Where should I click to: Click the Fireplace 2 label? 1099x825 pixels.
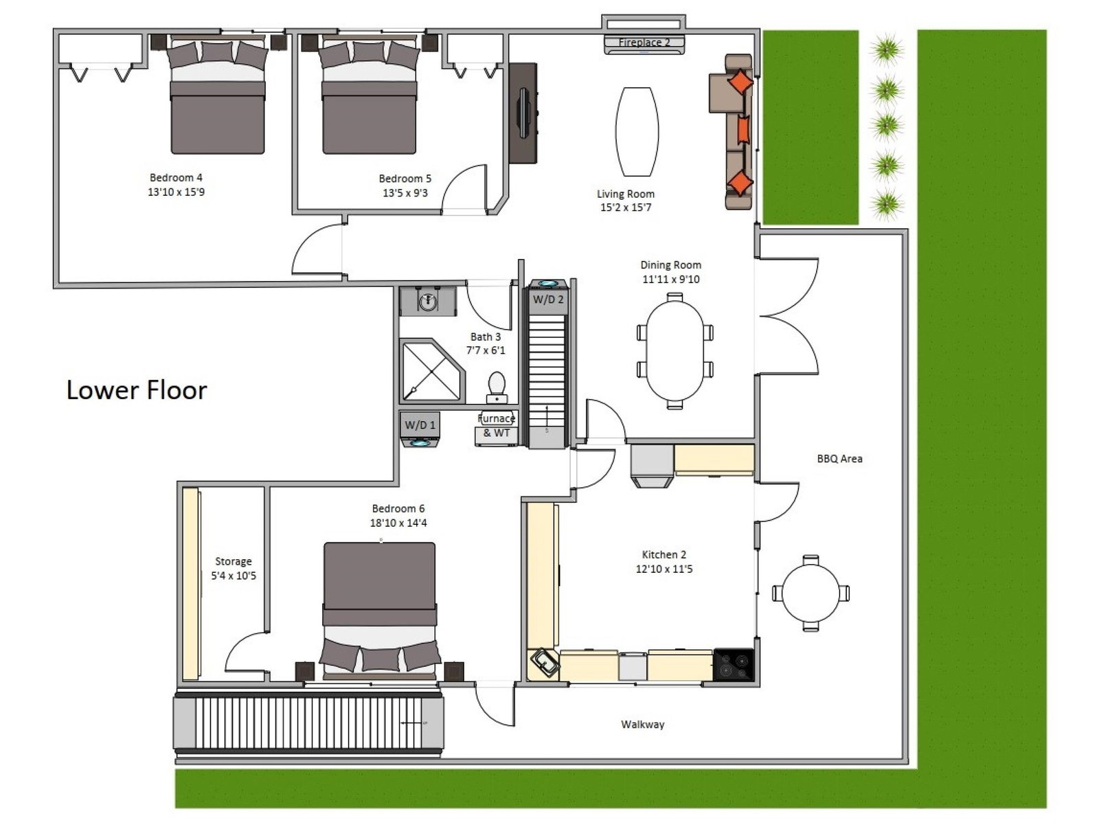pyautogui.click(x=644, y=43)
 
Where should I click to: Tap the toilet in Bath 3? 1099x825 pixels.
pyautogui.click(x=497, y=387)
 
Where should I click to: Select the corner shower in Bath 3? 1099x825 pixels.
pyautogui.click(x=432, y=370)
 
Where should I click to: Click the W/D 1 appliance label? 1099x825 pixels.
pyautogui.click(x=420, y=425)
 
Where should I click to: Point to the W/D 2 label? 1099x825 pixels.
pyautogui.click(x=548, y=300)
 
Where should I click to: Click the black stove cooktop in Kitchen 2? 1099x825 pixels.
pyautogui.click(x=734, y=664)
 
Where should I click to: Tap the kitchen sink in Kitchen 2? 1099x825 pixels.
pyautogui.click(x=544, y=664)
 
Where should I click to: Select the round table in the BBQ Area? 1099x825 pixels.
pyautogui.click(x=811, y=593)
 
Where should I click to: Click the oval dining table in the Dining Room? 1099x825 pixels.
pyautogui.click(x=675, y=351)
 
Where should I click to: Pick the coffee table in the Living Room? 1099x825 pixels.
pyautogui.click(x=637, y=132)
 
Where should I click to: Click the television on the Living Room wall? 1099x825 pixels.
pyautogui.click(x=523, y=113)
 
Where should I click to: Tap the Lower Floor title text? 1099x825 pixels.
pyautogui.click(x=137, y=390)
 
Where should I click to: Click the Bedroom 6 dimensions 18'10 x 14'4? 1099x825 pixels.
pyautogui.click(x=398, y=523)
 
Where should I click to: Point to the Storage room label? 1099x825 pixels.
pyautogui.click(x=234, y=562)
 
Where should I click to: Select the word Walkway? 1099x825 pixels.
pyautogui.click(x=643, y=725)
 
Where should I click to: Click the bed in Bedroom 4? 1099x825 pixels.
pyautogui.click(x=217, y=94)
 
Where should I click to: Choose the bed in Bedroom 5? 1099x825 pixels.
pyautogui.click(x=369, y=94)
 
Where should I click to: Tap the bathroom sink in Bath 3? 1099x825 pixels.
pyautogui.click(x=428, y=301)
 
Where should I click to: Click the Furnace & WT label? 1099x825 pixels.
pyautogui.click(x=497, y=425)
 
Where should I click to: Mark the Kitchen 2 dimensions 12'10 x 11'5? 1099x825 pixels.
pyautogui.click(x=664, y=569)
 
